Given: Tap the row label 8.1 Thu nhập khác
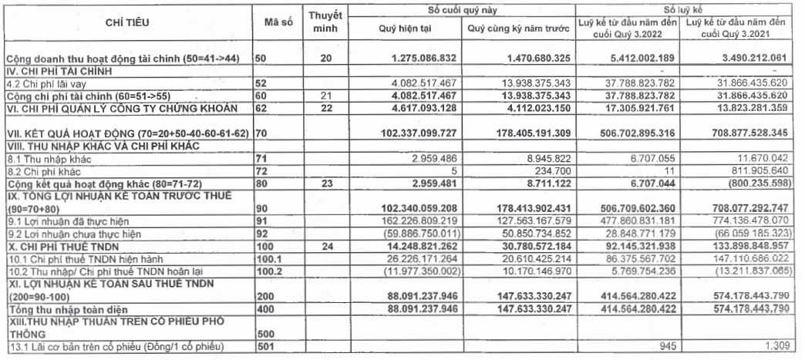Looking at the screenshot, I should pos(39,157).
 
